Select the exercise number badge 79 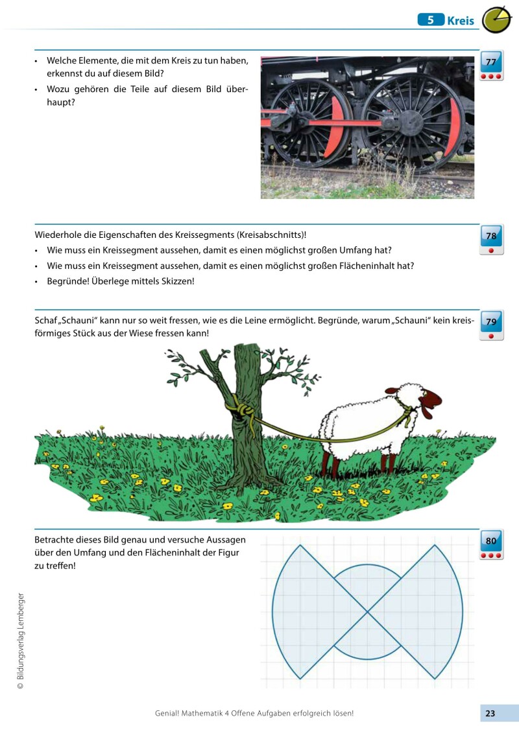click(491, 321)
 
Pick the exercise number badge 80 click(491, 541)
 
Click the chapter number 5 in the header click(430, 20)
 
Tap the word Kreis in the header click(461, 21)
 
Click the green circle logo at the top click(497, 20)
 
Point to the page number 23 click(490, 714)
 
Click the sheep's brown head click(430, 401)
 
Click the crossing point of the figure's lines click(368, 611)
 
